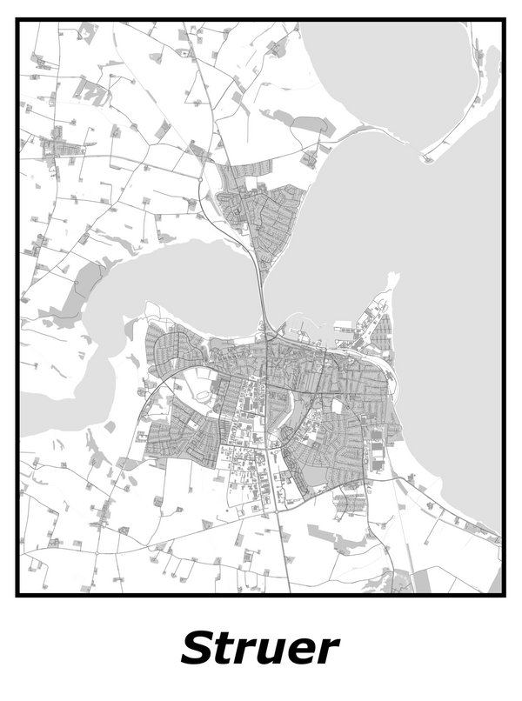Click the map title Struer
pyautogui.click(x=260, y=649)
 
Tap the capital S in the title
pyautogui.click(x=199, y=649)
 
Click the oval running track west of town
pyautogui.click(x=202, y=396)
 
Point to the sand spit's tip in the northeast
pyautogui.click(x=425, y=158)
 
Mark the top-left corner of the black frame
pyautogui.click(x=17, y=20)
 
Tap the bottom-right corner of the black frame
pyautogui.click(x=504, y=595)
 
